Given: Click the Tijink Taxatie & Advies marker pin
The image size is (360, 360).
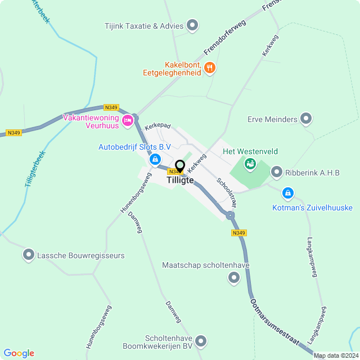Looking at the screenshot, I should point(192,25).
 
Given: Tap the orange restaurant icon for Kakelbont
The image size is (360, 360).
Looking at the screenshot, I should point(210,67).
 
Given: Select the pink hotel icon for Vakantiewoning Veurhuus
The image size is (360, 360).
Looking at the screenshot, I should point(128,119).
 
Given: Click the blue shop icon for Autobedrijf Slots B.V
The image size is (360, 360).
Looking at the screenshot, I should point(154,160).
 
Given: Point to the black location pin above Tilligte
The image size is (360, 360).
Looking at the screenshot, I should point(179,166).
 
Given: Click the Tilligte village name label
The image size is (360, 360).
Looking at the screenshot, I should point(180,180).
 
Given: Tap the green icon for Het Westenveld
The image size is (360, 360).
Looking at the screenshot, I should point(250,164).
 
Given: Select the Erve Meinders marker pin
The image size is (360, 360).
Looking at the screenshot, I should point(306,119).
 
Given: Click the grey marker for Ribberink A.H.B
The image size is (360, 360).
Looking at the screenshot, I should point(277,172).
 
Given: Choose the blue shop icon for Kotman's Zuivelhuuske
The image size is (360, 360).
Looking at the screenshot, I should point(288,193).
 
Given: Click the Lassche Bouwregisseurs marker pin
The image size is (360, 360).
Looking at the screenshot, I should point(29,255).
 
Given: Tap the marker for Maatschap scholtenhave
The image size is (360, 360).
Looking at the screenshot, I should point(234,278).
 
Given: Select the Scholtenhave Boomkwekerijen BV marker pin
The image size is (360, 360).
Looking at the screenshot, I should point(201,341).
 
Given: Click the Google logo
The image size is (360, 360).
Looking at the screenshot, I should point(19,353).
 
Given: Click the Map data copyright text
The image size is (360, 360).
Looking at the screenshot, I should point(336,355).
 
